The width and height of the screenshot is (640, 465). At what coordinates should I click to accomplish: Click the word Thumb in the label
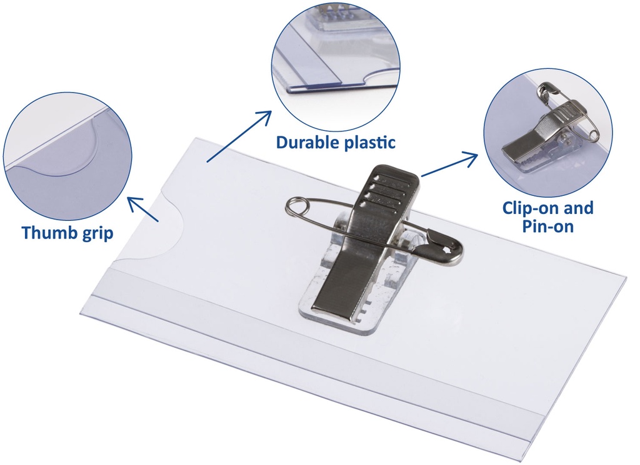click(49, 233)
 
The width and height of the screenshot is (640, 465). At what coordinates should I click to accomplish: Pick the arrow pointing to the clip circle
click(450, 166)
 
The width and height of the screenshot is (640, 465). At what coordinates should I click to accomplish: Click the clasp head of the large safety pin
click(447, 252)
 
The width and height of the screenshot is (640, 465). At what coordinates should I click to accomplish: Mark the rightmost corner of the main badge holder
click(624, 275)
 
